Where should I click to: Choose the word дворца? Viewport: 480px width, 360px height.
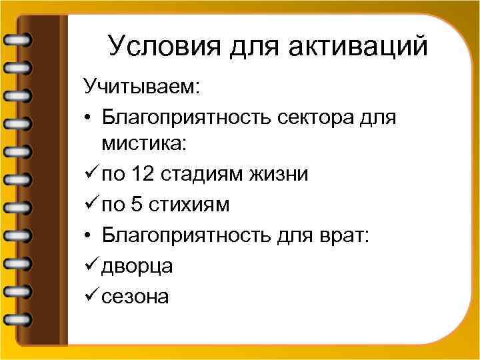tap(138, 265)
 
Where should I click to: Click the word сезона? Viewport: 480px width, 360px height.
tap(136, 295)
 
